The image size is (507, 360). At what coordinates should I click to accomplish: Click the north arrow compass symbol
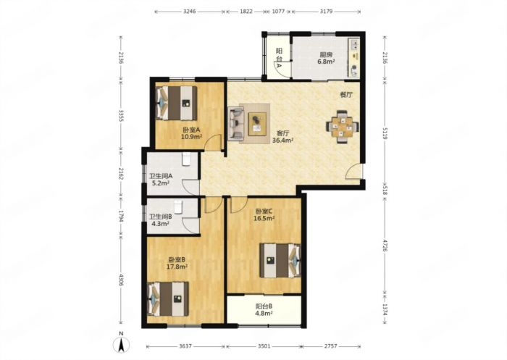click(121, 344)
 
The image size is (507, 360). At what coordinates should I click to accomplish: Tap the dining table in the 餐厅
click(343, 127)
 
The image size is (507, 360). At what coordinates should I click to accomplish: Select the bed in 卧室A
click(177, 103)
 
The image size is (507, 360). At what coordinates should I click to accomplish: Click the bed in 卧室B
click(168, 299)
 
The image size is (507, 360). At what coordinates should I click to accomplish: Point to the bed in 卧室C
click(280, 260)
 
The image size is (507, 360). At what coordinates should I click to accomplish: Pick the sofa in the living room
click(236, 124)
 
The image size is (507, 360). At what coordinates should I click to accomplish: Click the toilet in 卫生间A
click(186, 159)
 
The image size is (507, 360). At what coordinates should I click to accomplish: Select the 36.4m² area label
click(283, 141)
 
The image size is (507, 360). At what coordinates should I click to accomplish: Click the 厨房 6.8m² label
click(326, 58)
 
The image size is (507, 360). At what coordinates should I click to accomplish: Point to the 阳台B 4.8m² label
click(264, 309)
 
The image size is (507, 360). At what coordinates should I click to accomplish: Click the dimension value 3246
click(190, 12)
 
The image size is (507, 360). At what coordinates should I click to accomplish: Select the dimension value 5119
click(385, 133)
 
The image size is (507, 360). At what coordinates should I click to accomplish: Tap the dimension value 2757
click(330, 346)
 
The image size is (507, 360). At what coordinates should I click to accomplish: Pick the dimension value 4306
click(121, 280)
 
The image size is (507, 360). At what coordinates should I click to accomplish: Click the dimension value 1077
click(278, 12)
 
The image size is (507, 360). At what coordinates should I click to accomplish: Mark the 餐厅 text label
click(346, 95)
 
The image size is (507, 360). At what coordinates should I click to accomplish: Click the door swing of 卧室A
click(214, 142)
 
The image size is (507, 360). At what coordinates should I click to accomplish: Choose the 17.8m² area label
click(177, 267)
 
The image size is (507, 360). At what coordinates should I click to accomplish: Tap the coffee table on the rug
click(257, 124)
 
